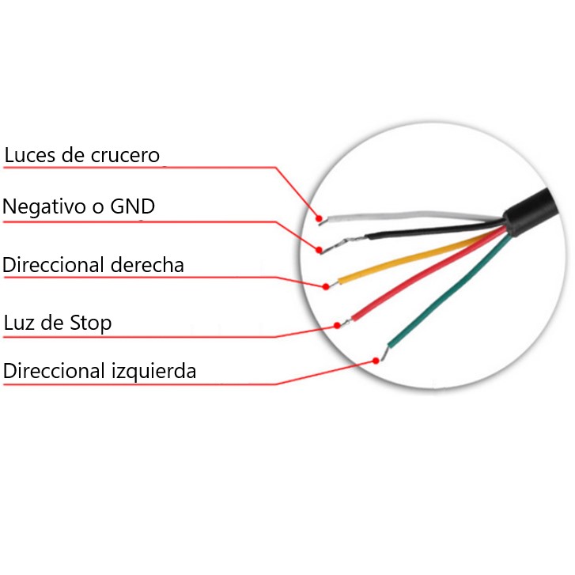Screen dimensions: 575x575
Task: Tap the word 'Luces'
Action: pos(31,155)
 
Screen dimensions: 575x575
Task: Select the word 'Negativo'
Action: pos(43,207)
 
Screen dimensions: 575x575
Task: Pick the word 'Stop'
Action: pos(89,323)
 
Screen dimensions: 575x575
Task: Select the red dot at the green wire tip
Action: pos(375,360)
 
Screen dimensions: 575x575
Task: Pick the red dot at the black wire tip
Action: pos(319,250)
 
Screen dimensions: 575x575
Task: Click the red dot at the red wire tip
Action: pos(336,324)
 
